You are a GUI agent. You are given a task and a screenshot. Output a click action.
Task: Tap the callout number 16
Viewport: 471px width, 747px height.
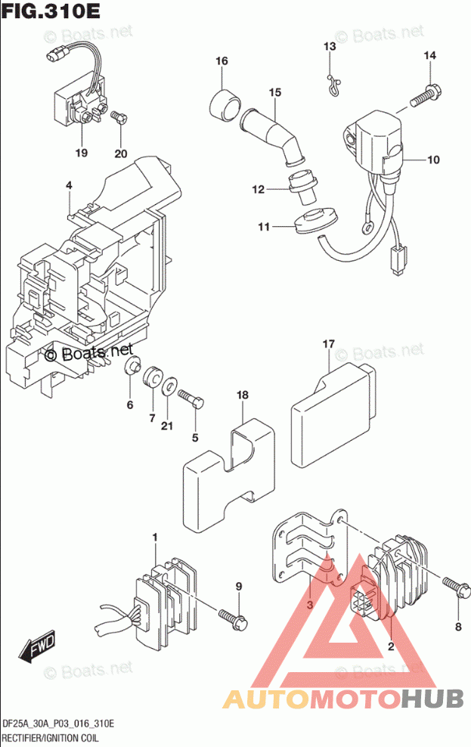click(x=221, y=61)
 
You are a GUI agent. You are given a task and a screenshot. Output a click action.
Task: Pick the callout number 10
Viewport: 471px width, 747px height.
click(x=433, y=160)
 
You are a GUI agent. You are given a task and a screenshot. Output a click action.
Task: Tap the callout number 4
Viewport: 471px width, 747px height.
click(x=68, y=185)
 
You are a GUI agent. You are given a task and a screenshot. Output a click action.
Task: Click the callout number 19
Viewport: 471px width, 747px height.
click(x=81, y=153)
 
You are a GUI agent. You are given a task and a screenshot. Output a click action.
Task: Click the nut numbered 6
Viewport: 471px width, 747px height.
click(x=133, y=368)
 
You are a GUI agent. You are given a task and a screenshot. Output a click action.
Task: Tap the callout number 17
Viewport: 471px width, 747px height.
click(x=328, y=345)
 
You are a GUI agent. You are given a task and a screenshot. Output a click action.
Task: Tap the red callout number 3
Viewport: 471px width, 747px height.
click(x=309, y=603)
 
